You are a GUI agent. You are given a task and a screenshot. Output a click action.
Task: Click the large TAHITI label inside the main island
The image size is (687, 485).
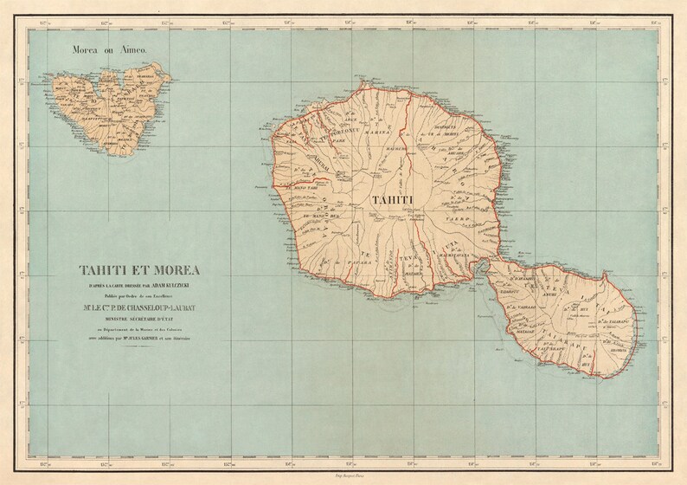[391, 201]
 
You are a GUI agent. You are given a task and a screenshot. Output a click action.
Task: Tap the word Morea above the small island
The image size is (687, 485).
[93, 51]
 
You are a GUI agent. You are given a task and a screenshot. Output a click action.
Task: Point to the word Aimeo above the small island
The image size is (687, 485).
[137, 51]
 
